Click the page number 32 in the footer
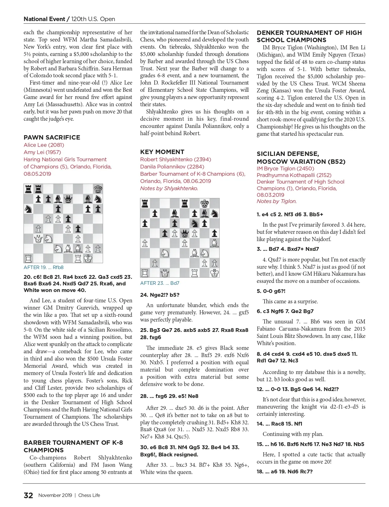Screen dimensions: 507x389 click(28, 495)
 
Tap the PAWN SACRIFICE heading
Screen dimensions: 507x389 click(52, 137)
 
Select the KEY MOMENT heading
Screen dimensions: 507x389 click(162, 152)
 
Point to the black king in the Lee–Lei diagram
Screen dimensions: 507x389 click(98, 189)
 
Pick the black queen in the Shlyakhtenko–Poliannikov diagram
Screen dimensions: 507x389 click(185, 233)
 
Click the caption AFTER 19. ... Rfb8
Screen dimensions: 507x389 click(43, 267)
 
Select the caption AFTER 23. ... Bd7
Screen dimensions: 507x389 click(160, 283)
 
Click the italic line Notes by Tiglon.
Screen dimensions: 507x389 click(277, 201)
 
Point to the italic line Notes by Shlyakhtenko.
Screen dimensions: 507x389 click(169, 188)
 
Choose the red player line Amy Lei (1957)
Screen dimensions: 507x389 click(42, 152)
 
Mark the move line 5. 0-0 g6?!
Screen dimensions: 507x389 click(271, 291)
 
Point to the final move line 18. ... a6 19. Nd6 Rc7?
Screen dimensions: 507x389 click(284, 471)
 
